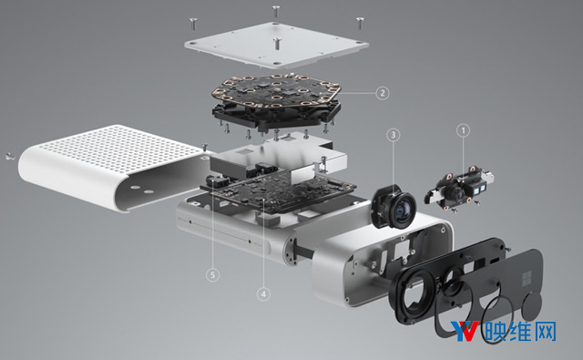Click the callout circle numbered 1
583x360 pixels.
[464, 130]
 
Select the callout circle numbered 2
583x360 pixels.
[383, 93]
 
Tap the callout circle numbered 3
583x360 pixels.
[394, 135]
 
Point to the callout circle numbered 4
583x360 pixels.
[263, 294]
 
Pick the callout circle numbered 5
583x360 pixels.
[212, 275]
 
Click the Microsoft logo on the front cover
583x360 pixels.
[527, 279]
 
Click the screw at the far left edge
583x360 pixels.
[10, 157]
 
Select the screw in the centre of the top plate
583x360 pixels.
[277, 44]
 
